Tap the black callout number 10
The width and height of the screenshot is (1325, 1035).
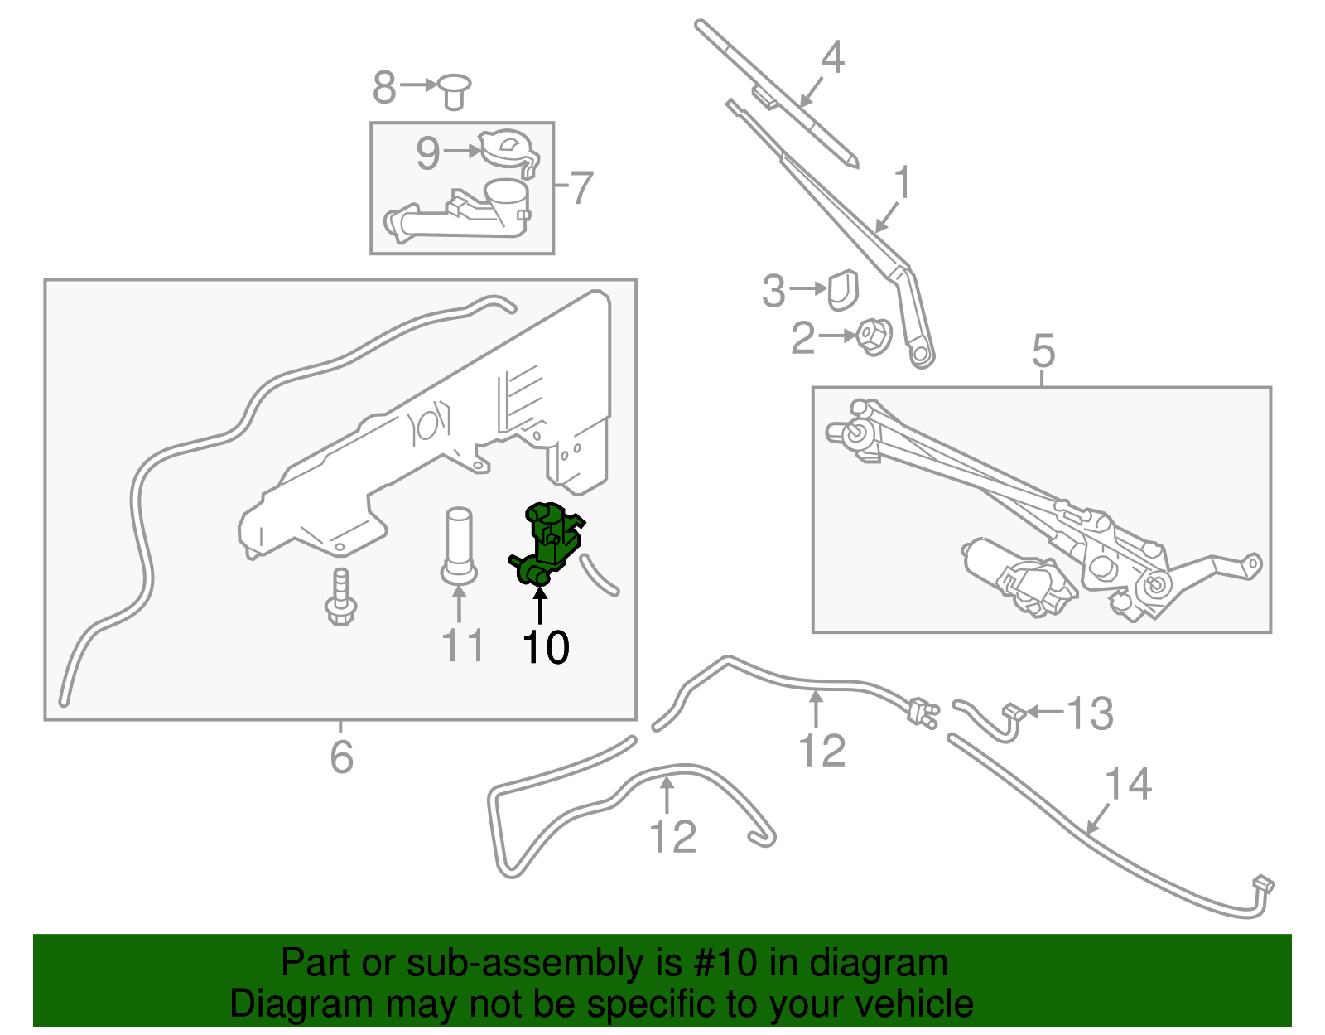pyautogui.click(x=546, y=647)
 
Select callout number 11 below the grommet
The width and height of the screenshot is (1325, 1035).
pyautogui.click(x=462, y=646)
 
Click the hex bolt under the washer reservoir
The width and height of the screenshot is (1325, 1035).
pyautogui.click(x=340, y=598)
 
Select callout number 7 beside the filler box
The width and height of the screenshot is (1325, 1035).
pyautogui.click(x=582, y=188)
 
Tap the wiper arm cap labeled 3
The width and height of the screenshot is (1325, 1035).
pyautogui.click(x=843, y=288)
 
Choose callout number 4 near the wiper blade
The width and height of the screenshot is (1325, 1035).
pyautogui.click(x=832, y=57)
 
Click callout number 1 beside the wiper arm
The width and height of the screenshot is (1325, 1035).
pyautogui.click(x=903, y=182)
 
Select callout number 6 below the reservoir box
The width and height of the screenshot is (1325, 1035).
pyautogui.click(x=341, y=757)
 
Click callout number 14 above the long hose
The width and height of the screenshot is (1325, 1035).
pyautogui.click(x=1128, y=784)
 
